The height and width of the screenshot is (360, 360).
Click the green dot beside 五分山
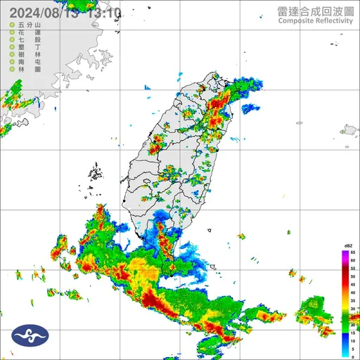12,25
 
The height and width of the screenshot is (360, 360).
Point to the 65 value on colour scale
354,252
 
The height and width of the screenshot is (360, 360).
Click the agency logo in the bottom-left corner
21,336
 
